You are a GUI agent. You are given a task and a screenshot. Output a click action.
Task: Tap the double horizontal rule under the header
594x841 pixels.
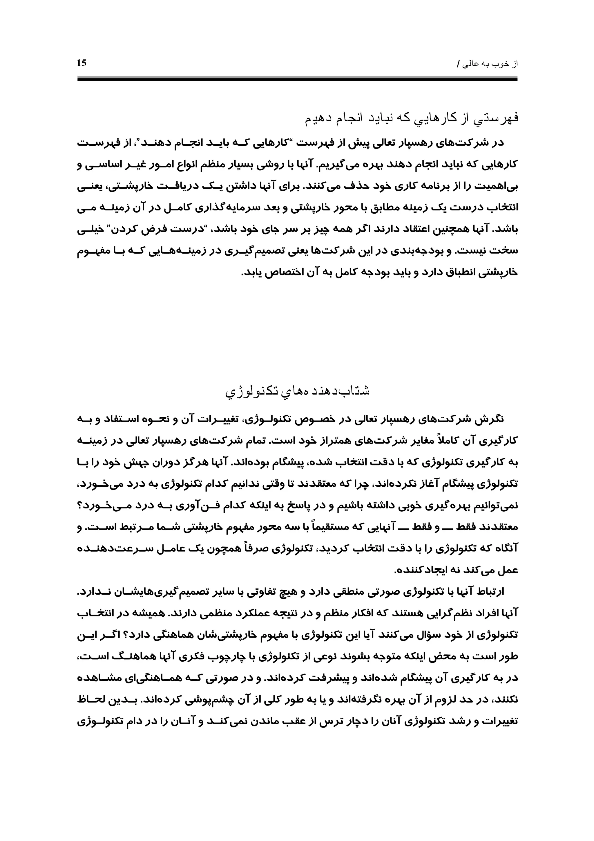[297, 78]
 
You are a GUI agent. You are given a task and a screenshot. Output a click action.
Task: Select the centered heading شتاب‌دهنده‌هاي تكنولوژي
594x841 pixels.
[297, 391]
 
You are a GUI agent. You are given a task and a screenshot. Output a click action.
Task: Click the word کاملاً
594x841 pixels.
[454, 440]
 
